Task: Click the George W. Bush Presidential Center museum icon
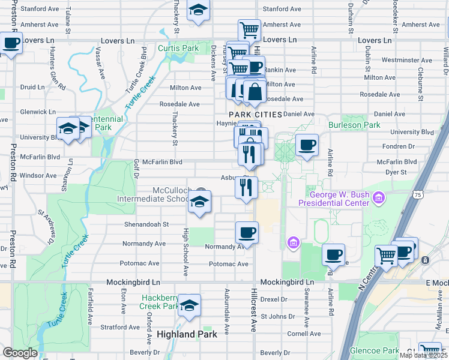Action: coord(379,197)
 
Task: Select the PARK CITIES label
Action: coord(255,114)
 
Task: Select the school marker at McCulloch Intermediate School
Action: coord(200,202)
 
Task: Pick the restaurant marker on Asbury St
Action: coord(246,187)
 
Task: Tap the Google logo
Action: coord(20,353)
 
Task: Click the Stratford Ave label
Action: coord(119,328)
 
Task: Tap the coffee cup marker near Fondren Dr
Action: coord(306,145)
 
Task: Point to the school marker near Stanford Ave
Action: coord(197,10)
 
